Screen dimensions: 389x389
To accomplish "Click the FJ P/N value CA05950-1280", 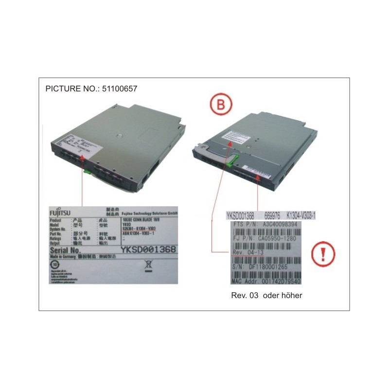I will click(x=282, y=238).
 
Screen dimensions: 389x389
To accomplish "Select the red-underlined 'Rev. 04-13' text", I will click(x=248, y=252).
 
